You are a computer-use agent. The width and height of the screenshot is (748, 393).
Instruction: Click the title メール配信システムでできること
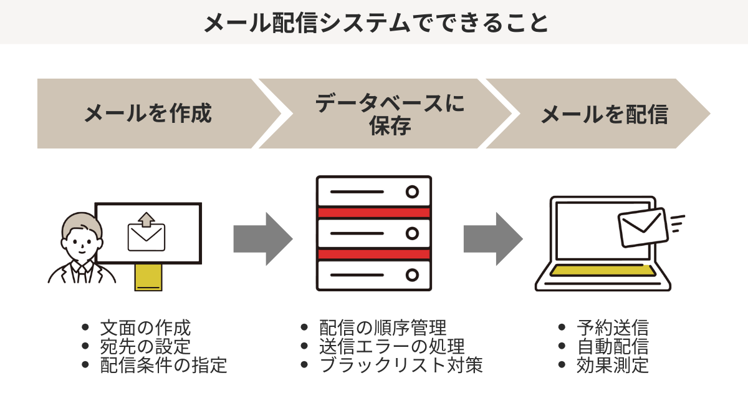tap(374, 23)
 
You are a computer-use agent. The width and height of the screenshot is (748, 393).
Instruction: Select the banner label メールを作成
tap(148, 114)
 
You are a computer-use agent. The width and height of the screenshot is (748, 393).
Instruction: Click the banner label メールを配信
tap(604, 114)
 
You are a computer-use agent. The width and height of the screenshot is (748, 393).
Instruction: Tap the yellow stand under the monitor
tap(148, 276)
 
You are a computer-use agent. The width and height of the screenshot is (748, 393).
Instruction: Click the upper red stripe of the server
tap(373, 213)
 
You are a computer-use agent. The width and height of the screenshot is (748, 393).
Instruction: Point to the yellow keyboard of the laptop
tap(603, 271)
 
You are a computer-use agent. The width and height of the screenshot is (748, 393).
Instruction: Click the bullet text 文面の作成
tap(145, 327)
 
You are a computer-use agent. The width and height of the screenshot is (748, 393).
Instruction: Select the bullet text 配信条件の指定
tap(163, 365)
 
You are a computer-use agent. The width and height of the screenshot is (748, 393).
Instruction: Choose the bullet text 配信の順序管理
tap(383, 327)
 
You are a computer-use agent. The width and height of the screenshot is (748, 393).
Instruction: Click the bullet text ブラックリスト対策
tap(401, 365)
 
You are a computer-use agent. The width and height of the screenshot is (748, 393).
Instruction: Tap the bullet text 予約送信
tap(613, 327)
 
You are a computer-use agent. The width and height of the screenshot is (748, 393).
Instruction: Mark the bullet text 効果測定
tap(613, 365)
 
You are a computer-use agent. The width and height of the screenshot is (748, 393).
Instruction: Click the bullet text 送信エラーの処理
tap(391, 346)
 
